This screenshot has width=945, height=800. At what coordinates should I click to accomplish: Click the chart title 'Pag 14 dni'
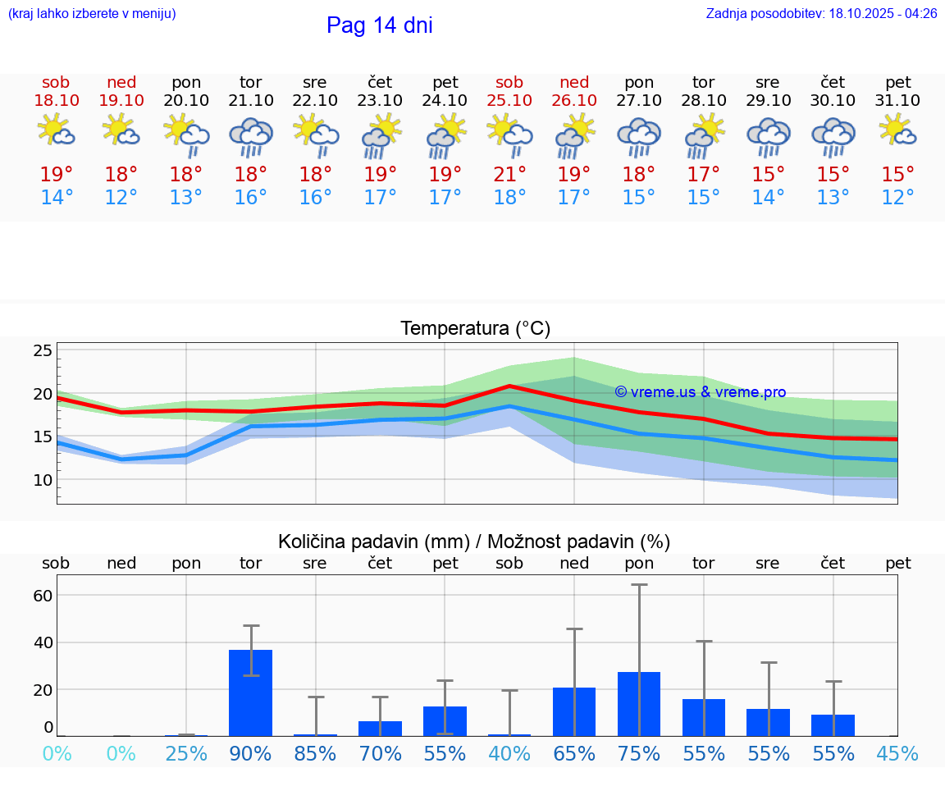379,25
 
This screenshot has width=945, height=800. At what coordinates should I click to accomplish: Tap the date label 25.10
509,101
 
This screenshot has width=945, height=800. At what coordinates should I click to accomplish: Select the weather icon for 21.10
250,137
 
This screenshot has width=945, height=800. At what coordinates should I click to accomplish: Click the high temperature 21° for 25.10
509,174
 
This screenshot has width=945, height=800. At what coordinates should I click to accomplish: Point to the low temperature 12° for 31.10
897,198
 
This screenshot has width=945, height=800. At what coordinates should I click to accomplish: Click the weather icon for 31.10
897,131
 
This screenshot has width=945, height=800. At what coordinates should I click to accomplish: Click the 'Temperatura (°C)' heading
475,329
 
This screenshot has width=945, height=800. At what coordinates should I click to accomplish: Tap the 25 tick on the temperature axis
43,351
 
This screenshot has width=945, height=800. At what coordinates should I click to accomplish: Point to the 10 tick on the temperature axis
43,480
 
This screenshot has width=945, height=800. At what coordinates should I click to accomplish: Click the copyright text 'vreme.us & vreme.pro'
700,392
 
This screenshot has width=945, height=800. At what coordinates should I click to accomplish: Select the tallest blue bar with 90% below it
250,693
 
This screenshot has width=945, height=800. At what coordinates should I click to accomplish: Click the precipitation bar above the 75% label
639,704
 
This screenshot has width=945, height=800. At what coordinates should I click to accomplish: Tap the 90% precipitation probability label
250,753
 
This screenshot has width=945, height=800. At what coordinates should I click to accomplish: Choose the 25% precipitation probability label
186,753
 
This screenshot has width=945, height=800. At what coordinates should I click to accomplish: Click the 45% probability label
897,753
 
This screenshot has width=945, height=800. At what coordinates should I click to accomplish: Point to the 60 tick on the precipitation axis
43,596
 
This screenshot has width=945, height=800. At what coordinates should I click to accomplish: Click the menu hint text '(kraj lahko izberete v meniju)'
92,14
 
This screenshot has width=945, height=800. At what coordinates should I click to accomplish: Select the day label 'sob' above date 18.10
56,82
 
